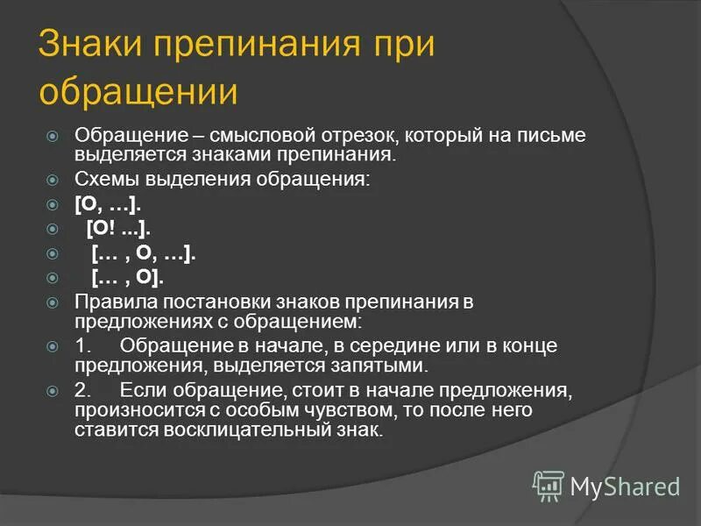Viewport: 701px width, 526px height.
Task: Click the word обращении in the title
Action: point(138,92)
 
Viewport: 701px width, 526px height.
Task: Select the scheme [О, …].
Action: point(108,204)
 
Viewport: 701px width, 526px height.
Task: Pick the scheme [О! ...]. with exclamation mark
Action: point(119,229)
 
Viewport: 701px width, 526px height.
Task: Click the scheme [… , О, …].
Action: point(144,253)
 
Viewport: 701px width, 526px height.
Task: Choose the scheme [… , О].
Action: point(128,278)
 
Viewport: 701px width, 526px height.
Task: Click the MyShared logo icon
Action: point(549,485)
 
